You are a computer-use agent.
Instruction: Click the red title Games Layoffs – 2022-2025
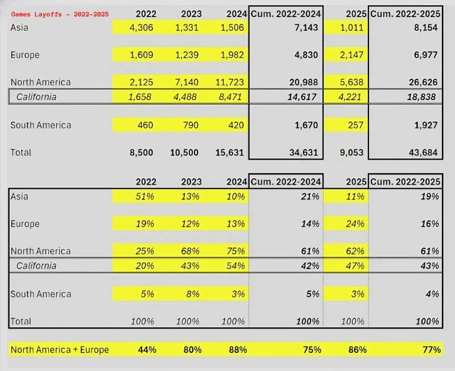60,14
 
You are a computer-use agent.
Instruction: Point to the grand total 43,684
423,152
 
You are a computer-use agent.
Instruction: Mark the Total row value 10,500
186,152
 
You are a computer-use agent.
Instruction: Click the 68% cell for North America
192,251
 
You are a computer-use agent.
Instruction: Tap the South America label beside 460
41,124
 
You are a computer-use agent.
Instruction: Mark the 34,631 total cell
302,152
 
